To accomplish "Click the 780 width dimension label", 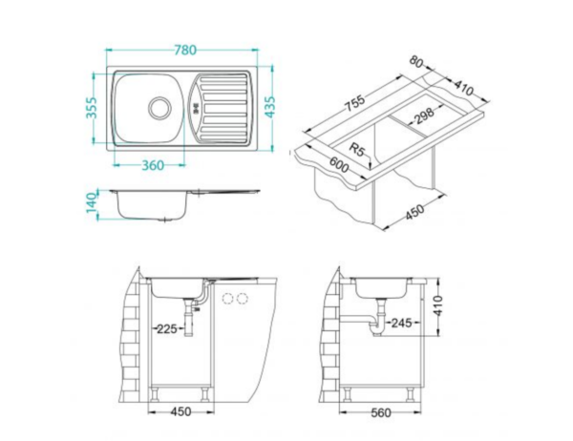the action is tap(185, 50).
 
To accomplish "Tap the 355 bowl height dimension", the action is tap(92, 108).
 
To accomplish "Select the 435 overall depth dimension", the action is tap(270, 107).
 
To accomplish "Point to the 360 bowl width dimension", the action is tap(153, 165).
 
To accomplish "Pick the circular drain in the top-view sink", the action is tap(159, 108).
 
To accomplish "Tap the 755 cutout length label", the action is tap(353, 105).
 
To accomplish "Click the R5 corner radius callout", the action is tap(356, 149).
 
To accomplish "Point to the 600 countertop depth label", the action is tap(339, 165).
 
